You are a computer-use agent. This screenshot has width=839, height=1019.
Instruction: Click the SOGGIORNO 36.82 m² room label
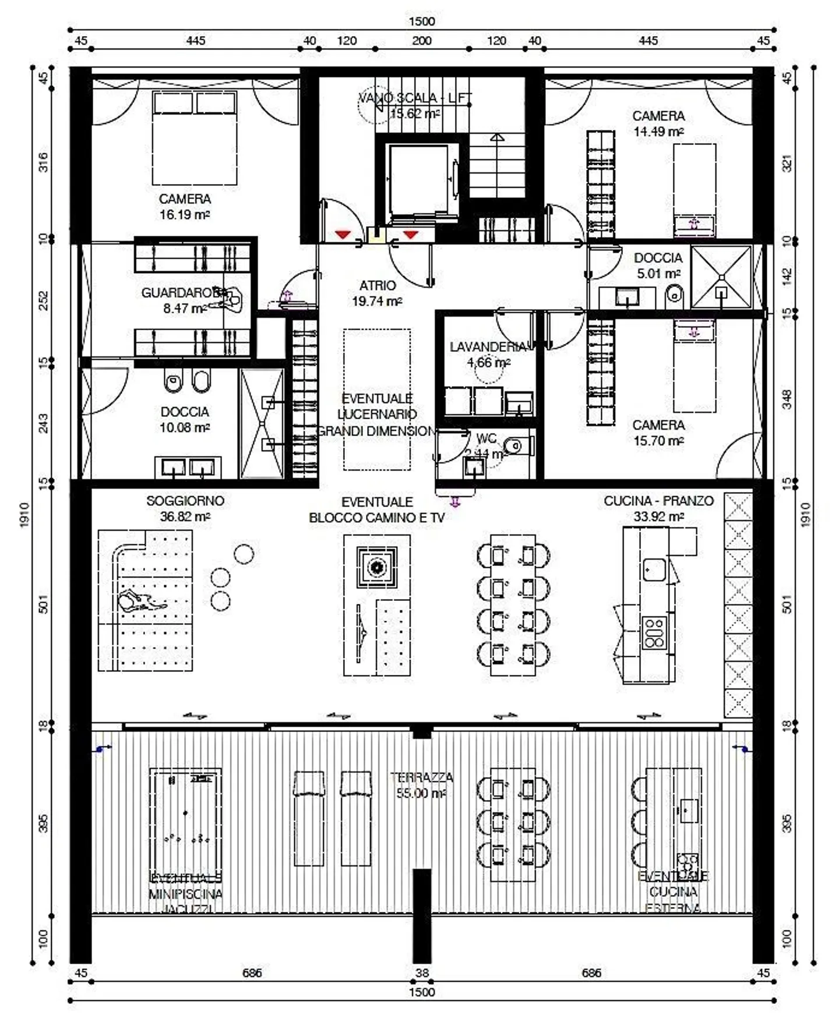pos(185,508)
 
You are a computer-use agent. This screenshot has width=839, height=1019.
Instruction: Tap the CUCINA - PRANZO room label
pos(658,508)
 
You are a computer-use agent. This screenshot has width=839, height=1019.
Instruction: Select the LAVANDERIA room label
pos(488,354)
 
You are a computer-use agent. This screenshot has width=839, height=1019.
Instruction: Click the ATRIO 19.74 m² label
pos(377,293)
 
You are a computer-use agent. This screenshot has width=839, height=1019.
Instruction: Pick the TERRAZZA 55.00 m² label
pos(421,785)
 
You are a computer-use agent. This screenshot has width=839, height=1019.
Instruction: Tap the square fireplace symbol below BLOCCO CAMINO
pos(377,566)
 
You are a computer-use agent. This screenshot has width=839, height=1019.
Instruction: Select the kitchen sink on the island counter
pos(655,569)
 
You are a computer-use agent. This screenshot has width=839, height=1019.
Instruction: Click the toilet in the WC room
pos(515,447)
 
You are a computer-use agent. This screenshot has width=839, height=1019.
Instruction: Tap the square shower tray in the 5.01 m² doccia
pos(722,277)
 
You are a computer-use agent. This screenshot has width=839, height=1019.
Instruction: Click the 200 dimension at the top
pos(421,41)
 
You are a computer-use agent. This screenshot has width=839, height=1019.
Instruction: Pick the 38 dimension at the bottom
pos(421,972)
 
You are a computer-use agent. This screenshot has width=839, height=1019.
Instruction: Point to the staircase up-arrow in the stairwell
pos(496,138)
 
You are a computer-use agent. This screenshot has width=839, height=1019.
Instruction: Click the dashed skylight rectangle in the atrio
pos(377,399)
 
